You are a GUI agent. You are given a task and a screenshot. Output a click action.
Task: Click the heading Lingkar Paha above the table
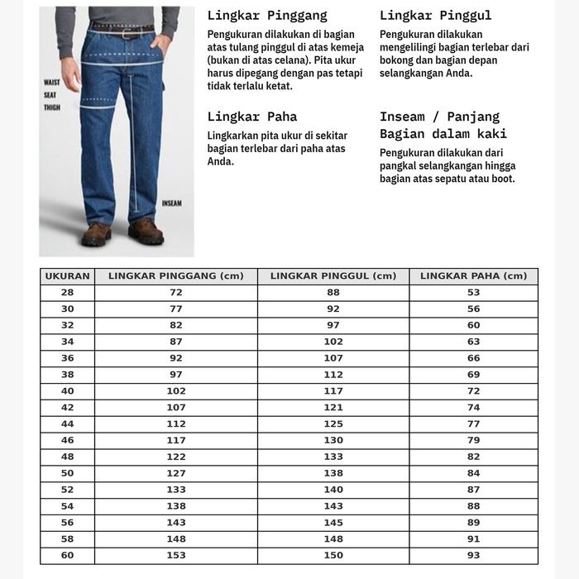click(x=252, y=117)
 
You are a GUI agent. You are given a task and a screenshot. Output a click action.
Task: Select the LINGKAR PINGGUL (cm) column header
click(x=333, y=276)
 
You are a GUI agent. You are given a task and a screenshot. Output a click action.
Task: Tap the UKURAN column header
click(x=67, y=276)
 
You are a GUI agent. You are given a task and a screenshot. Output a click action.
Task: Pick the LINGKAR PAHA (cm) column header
click(x=473, y=276)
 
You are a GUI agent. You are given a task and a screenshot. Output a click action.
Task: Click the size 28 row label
click(x=67, y=293)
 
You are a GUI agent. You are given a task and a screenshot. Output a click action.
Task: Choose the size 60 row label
click(x=67, y=556)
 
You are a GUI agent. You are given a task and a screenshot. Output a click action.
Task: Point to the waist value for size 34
click(x=176, y=342)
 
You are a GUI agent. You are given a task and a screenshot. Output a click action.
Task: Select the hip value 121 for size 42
click(x=333, y=408)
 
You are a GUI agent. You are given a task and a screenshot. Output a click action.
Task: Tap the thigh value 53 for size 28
click(x=473, y=293)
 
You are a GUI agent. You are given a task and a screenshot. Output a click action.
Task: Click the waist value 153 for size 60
click(x=176, y=556)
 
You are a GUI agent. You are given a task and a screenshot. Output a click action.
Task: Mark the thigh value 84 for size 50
click(x=473, y=473)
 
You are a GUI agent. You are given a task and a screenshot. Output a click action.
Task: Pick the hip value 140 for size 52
click(x=333, y=490)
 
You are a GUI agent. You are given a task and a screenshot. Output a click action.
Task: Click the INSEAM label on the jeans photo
click(x=171, y=203)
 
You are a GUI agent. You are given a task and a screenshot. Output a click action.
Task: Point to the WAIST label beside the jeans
click(x=52, y=83)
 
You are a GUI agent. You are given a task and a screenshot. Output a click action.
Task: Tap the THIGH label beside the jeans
click(x=52, y=108)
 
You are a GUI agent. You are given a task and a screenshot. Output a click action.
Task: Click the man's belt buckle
click(x=127, y=34)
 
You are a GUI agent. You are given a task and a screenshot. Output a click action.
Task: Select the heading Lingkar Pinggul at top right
click(x=435, y=16)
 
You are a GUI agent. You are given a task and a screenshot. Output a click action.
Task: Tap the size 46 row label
click(x=67, y=441)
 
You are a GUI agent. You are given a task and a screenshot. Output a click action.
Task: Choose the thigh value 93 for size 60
click(x=473, y=556)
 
